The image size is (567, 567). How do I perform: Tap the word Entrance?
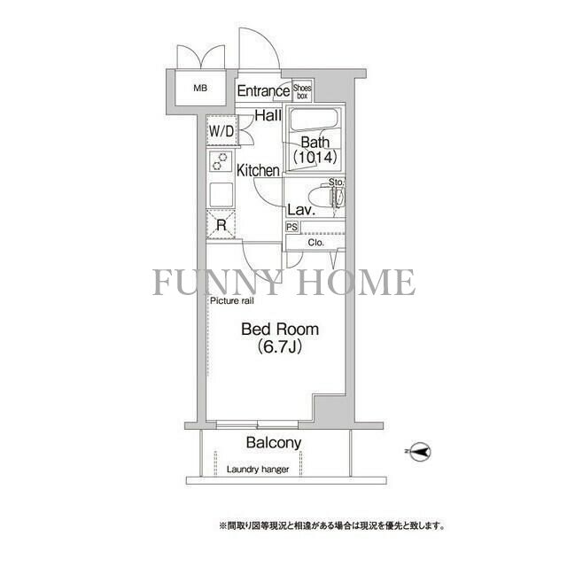click(x=263, y=90)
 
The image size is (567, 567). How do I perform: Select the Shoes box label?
click(x=303, y=89)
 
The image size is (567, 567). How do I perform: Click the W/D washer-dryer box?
click(x=221, y=132)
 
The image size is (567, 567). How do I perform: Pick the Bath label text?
click(x=315, y=143)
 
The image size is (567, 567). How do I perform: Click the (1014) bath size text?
click(x=315, y=159)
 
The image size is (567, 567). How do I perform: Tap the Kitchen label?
click(x=258, y=170)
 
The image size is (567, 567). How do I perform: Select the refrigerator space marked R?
click(x=221, y=225)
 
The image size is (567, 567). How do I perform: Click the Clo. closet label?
click(x=316, y=242)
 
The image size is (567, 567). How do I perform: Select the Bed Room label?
click(x=280, y=330)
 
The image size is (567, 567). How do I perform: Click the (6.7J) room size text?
click(x=280, y=347)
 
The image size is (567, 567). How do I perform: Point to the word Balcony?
click(x=274, y=443)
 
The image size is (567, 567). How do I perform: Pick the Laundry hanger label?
click(x=257, y=470)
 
